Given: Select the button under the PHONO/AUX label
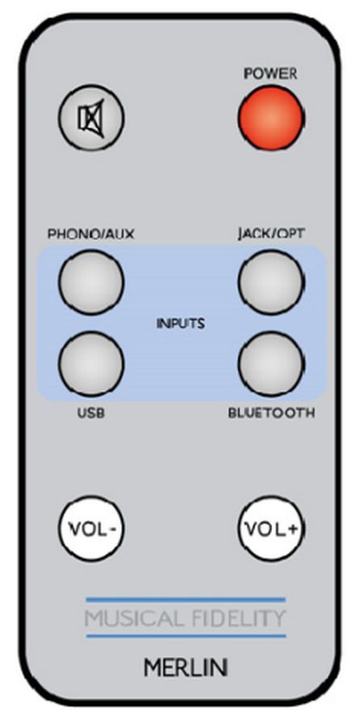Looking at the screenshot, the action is [91, 282].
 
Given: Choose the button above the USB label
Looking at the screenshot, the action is [91, 364].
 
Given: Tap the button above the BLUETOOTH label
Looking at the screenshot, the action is [271, 364].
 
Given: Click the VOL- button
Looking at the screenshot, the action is [91, 528].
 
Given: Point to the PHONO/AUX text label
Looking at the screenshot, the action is [91, 234].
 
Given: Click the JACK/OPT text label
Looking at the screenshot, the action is [271, 234].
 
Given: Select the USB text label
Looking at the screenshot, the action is [91, 412].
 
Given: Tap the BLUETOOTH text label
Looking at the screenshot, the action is [271, 413].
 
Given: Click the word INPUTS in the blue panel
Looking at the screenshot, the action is [181, 323].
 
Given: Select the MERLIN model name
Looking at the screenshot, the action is [186, 668].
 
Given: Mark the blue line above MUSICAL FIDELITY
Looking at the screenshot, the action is [186, 600].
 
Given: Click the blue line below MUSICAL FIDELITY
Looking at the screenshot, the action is [186, 636].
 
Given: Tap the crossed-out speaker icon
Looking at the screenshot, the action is [91, 118].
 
